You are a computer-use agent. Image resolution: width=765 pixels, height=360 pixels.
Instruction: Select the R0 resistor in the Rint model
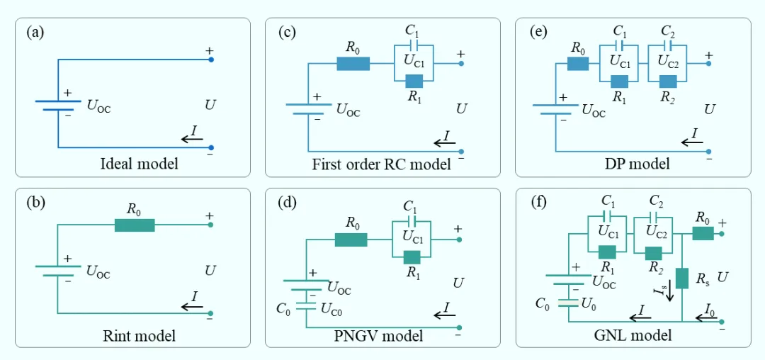click(135, 225)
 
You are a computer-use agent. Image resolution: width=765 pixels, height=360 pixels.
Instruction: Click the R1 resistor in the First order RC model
click(413, 81)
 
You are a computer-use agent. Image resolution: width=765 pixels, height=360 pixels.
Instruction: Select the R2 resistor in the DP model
click(667, 81)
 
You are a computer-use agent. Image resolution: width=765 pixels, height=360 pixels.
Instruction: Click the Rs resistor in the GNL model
click(682, 278)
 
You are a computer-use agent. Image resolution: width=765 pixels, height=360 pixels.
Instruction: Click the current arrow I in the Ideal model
click(192, 140)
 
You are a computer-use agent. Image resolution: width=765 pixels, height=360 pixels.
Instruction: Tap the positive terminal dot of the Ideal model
click(210, 60)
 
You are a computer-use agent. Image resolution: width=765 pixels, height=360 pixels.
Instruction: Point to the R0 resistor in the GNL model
click(703, 234)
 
